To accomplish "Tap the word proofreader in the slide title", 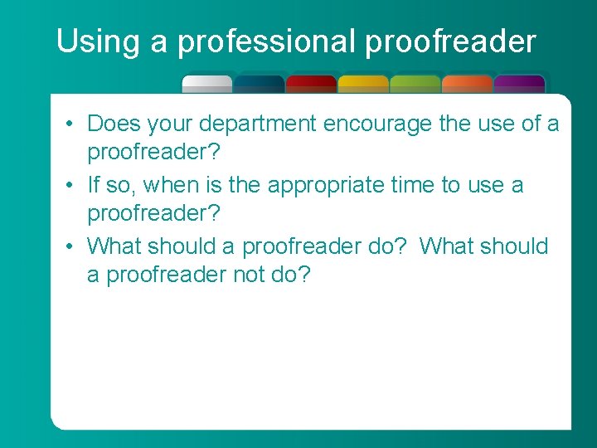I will (x=450, y=41).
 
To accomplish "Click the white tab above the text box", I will (x=206, y=84).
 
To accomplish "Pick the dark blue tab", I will (x=259, y=84).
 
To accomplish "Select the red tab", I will (x=311, y=84).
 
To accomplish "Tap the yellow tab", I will (x=363, y=84).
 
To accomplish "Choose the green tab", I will (x=415, y=84).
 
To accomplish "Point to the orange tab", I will (x=467, y=84).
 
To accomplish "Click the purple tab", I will (x=519, y=84).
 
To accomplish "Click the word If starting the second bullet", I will (x=94, y=184).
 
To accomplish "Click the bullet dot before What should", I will (x=72, y=246).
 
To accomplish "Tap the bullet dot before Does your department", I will (x=72, y=124).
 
